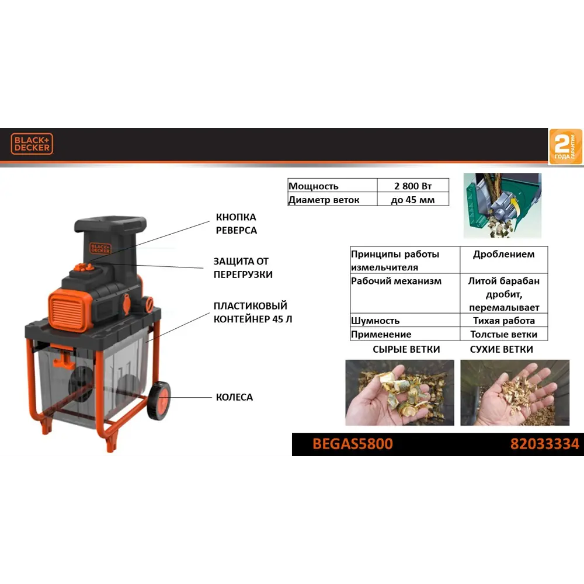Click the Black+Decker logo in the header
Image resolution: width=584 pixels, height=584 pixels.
click(x=32, y=144)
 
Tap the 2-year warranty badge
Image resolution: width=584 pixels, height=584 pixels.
click(x=565, y=147)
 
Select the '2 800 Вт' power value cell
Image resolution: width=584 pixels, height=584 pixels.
click(x=413, y=186)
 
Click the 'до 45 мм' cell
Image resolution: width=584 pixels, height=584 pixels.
click(x=413, y=199)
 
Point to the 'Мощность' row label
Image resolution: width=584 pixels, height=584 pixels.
click(x=314, y=186)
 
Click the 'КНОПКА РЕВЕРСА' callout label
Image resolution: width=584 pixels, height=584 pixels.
click(x=236, y=224)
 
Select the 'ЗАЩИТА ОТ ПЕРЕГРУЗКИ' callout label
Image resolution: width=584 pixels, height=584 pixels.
click(x=242, y=267)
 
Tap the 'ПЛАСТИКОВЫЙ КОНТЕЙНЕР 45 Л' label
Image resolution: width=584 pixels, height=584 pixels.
click(x=251, y=312)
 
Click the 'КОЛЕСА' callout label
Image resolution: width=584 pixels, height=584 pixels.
click(x=234, y=397)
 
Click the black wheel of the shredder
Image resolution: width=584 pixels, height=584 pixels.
click(x=159, y=401)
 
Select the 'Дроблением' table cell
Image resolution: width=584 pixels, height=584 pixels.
click(x=503, y=254)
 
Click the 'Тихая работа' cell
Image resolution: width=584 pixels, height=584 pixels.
click(x=503, y=321)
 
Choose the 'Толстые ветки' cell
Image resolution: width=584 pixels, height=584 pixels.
click(x=503, y=335)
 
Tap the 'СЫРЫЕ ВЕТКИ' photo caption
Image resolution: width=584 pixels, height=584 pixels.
click(x=406, y=349)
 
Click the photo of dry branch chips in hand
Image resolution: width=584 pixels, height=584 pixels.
click(x=515, y=392)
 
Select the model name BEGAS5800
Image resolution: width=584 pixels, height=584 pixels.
click(x=353, y=444)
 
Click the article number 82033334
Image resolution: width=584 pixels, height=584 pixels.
click(x=544, y=444)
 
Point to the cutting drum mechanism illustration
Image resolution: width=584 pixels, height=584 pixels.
click(x=502, y=205)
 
